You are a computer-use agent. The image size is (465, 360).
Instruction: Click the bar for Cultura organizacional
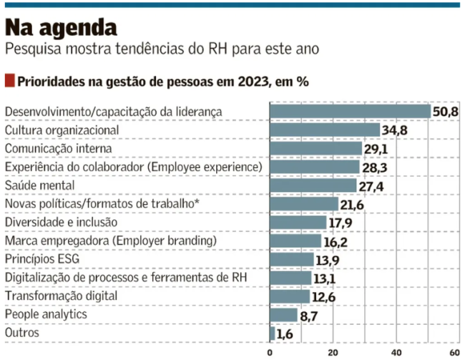pos(325,130)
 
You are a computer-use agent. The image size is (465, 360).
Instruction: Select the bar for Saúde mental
pos(313,185)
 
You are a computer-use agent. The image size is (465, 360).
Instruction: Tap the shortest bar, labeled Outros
pos(273,333)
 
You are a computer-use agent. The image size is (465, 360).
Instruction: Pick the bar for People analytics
pos(283,314)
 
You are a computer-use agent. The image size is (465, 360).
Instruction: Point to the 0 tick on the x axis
pos(270,352)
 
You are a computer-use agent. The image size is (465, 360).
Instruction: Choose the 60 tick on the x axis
pos(454,352)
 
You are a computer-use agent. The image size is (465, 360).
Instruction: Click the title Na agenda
pos(61,27)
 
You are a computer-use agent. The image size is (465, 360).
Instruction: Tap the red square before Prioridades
pos(9,80)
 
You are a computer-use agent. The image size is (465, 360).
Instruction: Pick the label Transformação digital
pos(60,296)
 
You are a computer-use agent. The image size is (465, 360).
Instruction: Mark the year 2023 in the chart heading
pos(255,81)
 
